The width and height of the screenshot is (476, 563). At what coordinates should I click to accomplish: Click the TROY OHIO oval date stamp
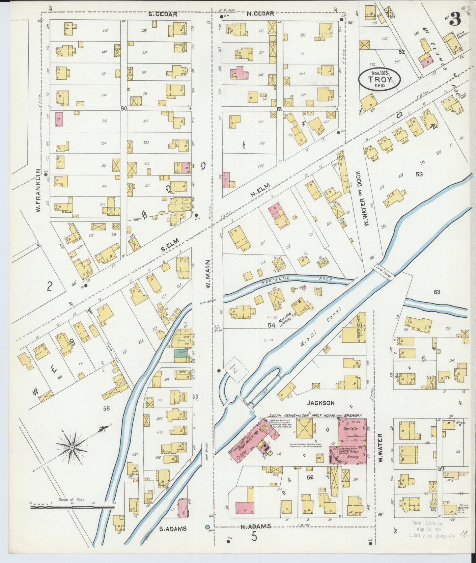click(379, 80)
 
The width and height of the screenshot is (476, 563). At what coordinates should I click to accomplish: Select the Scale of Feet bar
click(72, 507)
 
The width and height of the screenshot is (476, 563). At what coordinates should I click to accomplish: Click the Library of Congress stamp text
click(431, 536)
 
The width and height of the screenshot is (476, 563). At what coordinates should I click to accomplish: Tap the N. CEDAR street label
click(260, 14)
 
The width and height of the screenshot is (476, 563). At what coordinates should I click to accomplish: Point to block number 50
click(124, 108)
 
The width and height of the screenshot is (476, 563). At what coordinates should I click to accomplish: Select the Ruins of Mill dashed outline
click(236, 370)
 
